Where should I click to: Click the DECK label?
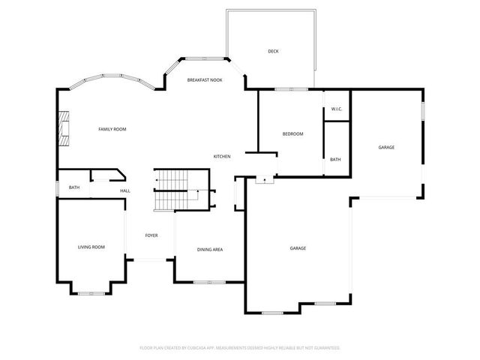[x=273, y=51]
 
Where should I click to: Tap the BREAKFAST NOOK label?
[x=205, y=79]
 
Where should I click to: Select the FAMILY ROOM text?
[x=112, y=129]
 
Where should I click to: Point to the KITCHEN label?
[x=221, y=156]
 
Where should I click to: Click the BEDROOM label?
[x=292, y=133]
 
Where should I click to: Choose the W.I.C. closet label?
[x=337, y=109]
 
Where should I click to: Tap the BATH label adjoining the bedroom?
[x=335, y=159]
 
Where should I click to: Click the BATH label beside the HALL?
[x=74, y=187]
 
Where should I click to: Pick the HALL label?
[x=125, y=191]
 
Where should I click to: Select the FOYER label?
[x=151, y=235]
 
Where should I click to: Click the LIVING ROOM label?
[x=91, y=247]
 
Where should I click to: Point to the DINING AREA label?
[x=209, y=249]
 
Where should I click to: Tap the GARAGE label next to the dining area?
[x=298, y=248]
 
